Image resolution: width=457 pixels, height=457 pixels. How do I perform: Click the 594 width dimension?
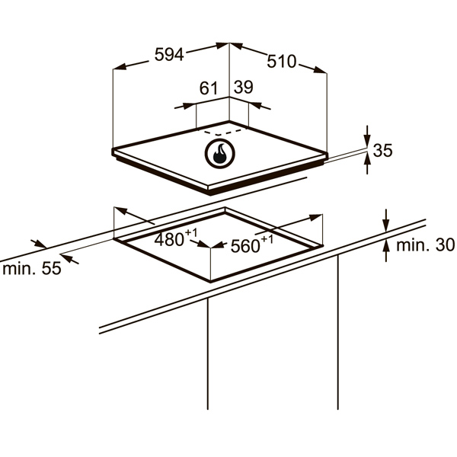pyautogui.click(x=169, y=55)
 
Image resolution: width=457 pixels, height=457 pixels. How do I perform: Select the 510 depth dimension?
pyautogui.click(x=282, y=62)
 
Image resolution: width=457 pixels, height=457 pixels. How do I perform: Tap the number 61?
pyautogui.click(x=209, y=88)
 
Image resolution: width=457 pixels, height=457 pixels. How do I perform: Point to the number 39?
pyautogui.click(x=244, y=87)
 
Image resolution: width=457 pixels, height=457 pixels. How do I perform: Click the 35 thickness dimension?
pyautogui.click(x=382, y=150)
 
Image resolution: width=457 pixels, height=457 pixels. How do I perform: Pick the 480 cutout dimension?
pyautogui.click(x=169, y=240)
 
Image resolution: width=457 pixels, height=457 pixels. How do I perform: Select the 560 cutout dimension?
pyautogui.click(x=245, y=246)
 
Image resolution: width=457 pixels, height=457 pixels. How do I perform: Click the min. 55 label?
pyautogui.click(x=32, y=268)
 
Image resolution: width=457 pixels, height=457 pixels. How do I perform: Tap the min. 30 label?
pyautogui.click(x=425, y=245)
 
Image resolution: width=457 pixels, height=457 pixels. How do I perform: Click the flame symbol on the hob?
pyautogui.click(x=219, y=154)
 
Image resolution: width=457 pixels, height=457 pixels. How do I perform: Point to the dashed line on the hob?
pyautogui.click(x=223, y=133)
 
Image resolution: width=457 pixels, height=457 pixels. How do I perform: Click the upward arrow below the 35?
pyautogui.click(x=368, y=163)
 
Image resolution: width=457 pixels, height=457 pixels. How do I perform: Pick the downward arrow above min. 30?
pyautogui.click(x=386, y=222)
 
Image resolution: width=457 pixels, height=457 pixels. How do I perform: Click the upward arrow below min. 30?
pyautogui.click(x=386, y=250)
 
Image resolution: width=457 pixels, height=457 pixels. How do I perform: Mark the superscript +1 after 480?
pyautogui.click(x=191, y=232)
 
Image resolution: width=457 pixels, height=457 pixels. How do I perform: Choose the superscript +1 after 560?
pyautogui.click(x=267, y=239)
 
